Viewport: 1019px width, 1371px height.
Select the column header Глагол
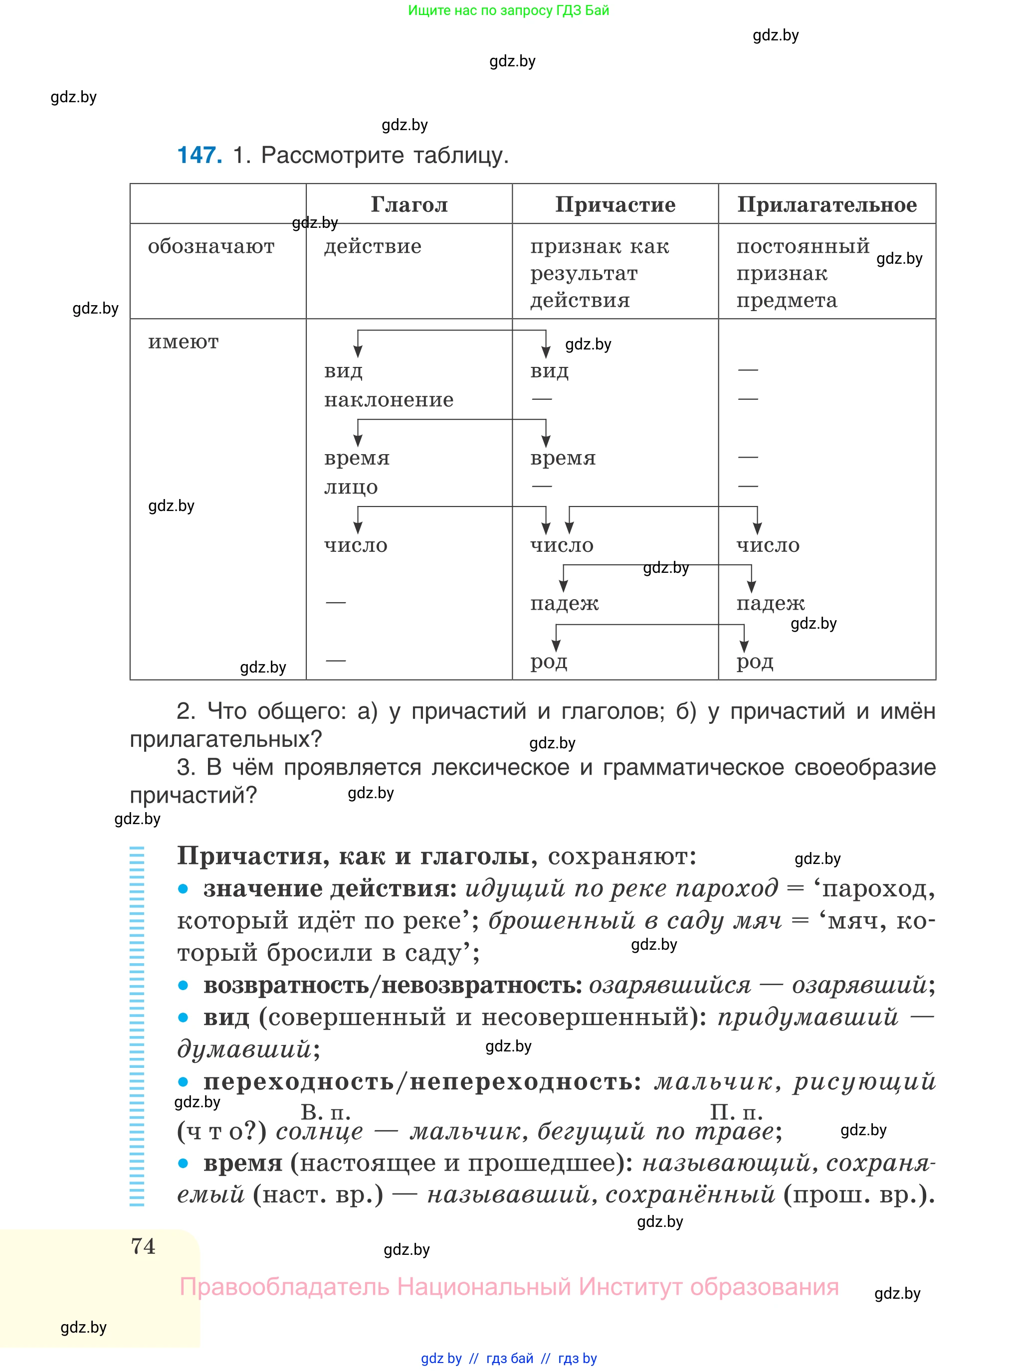(409, 205)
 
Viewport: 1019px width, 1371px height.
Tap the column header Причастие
(615, 205)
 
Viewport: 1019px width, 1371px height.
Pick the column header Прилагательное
(826, 205)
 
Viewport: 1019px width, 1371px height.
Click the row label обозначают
(211, 247)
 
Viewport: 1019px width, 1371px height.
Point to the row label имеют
(183, 342)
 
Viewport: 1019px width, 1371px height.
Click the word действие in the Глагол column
(373, 247)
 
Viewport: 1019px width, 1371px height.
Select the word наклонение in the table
(389, 400)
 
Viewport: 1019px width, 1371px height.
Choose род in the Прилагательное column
(754, 662)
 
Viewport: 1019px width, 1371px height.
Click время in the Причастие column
(563, 458)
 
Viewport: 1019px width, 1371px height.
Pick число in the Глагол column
(356, 545)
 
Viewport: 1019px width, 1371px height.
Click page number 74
(143, 1246)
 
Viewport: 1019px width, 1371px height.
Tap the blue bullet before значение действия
(183, 889)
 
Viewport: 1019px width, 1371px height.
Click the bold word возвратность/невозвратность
(393, 985)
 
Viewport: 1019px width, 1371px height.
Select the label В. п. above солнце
(325, 1112)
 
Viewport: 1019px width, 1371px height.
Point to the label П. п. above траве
(736, 1112)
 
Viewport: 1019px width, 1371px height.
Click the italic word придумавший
(807, 1017)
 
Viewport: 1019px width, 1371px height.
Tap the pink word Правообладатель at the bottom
(284, 1287)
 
